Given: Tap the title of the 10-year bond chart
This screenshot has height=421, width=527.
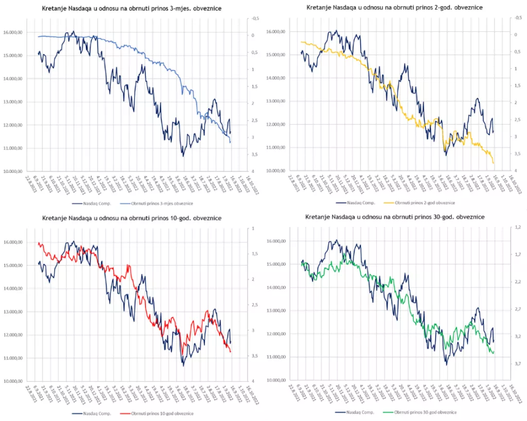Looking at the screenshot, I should coord(132,218).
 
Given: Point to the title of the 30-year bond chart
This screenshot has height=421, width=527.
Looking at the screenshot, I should coord(395,217).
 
